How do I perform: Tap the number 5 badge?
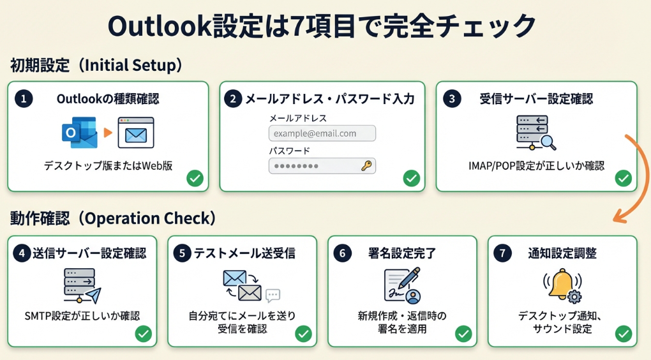click(183, 253)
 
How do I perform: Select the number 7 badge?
click(503, 253)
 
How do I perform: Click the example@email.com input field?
click(322, 133)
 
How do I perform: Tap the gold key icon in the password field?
click(366, 166)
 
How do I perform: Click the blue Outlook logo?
click(78, 133)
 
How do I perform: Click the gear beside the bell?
click(574, 297)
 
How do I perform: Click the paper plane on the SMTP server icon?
click(92, 296)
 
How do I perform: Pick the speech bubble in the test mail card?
click(273, 296)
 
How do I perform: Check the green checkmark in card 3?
click(623, 179)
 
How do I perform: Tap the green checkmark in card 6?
click(463, 333)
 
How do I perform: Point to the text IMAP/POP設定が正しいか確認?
click(536, 166)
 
